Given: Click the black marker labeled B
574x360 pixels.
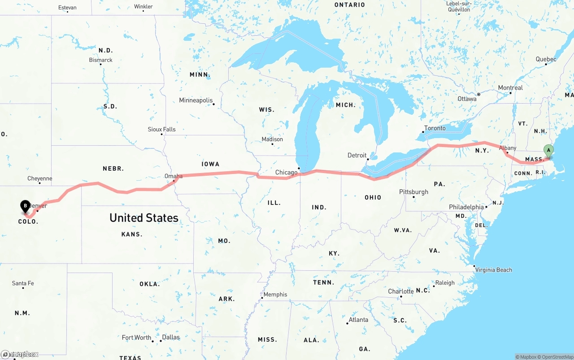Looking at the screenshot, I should coord(26,206).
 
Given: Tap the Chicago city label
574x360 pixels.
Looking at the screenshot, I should coord(286,173).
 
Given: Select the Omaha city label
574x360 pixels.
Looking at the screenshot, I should coord(174,176).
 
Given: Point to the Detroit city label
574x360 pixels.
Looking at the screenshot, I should coord(357,155).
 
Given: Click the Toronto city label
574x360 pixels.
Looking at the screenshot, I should coord(435,128).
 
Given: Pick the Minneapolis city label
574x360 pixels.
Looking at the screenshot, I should coord(196,100).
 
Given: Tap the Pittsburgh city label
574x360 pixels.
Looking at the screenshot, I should coord(413,192).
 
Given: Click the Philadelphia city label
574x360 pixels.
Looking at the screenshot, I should coord(466,207).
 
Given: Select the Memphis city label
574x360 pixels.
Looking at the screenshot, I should coord(275,295).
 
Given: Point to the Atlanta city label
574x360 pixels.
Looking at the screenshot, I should coord(358,320).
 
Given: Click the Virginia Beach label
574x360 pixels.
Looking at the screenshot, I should coord(493,270).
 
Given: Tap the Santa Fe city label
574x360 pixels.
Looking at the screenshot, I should coord(23,283).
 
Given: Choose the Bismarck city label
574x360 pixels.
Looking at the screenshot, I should coord(101,60).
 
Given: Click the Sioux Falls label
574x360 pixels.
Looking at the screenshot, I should coord(161,130).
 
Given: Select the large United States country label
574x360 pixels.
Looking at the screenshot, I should coord(144,218).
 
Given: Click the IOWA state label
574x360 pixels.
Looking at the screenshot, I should coord(210,164).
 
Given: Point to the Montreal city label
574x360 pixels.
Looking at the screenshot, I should coord(510,88).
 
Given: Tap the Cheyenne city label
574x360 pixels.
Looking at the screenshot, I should coord(40,178).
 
